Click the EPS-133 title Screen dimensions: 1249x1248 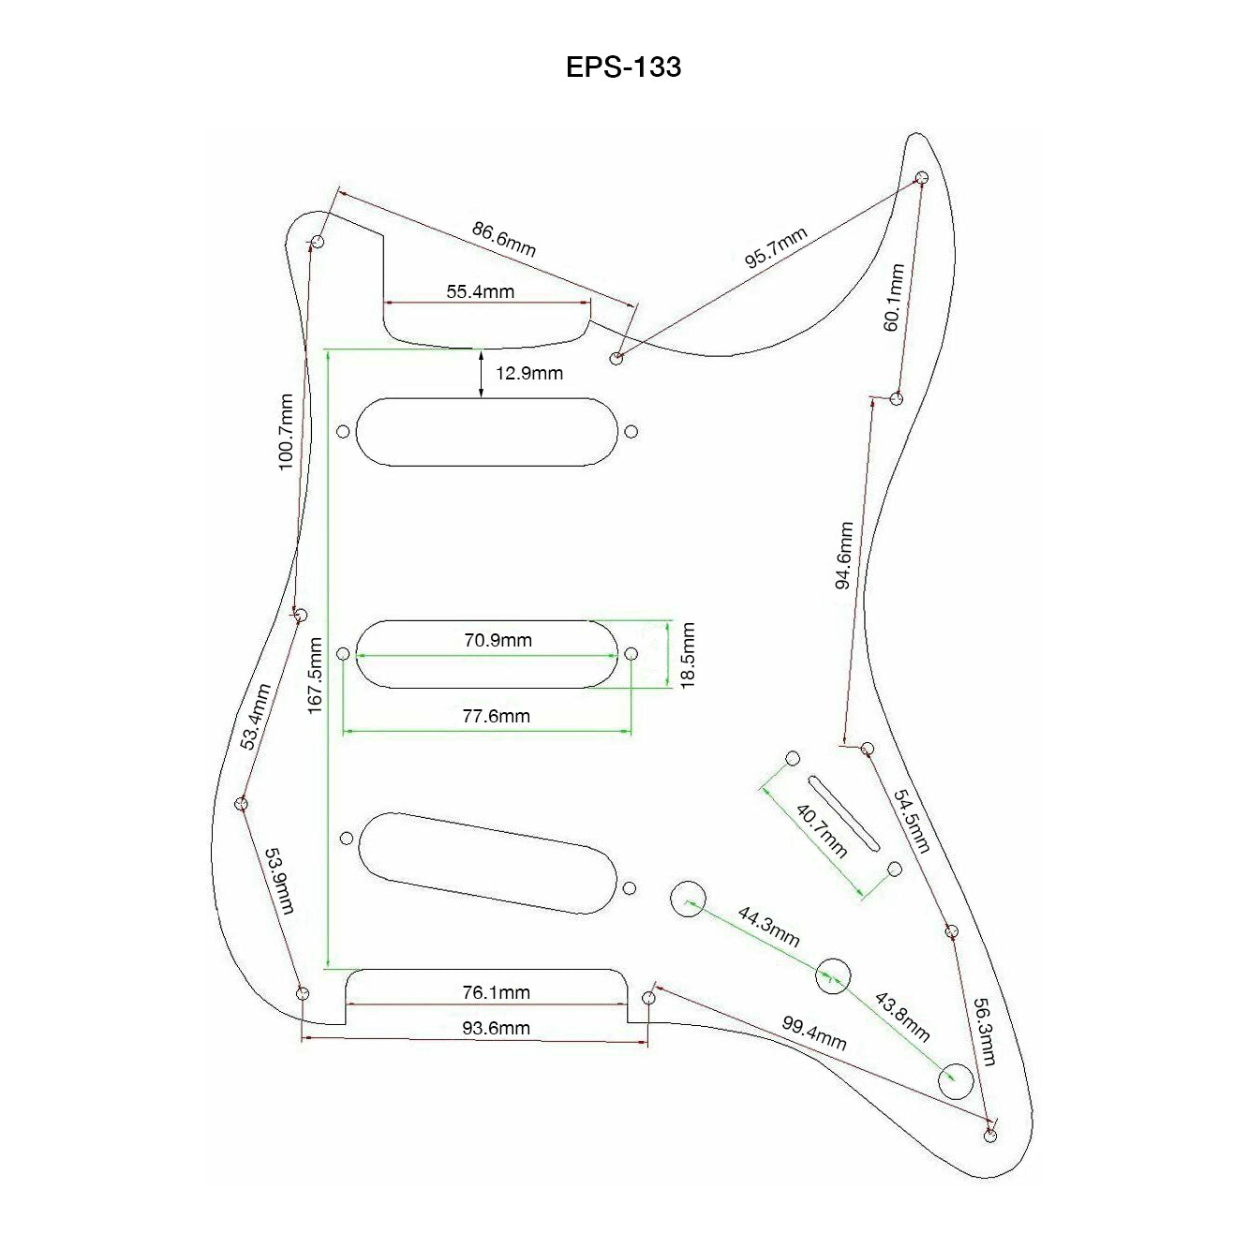(623, 67)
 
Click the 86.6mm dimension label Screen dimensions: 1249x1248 (504, 239)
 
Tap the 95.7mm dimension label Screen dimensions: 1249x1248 (776, 248)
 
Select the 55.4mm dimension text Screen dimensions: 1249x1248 (480, 291)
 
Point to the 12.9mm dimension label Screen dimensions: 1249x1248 (529, 374)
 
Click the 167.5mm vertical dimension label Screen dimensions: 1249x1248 (316, 675)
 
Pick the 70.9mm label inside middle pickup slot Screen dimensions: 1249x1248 (498, 641)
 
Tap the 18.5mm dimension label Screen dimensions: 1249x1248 (689, 655)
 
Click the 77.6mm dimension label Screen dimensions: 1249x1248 (496, 717)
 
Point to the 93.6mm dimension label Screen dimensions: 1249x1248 (496, 1028)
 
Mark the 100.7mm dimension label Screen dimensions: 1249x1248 (287, 431)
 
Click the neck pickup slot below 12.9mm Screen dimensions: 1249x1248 (488, 431)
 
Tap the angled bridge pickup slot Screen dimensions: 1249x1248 (487, 862)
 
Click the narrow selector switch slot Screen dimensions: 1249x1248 (843, 812)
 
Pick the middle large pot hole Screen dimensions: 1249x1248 (832, 975)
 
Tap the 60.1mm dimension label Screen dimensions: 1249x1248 (893, 297)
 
